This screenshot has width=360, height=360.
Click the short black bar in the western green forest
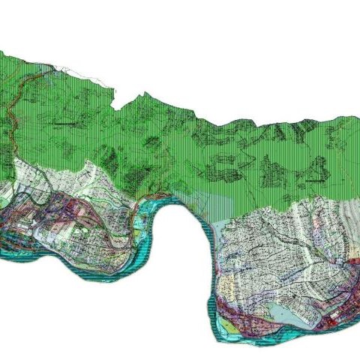point(63,121)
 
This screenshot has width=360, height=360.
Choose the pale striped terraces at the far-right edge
point(349,225)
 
